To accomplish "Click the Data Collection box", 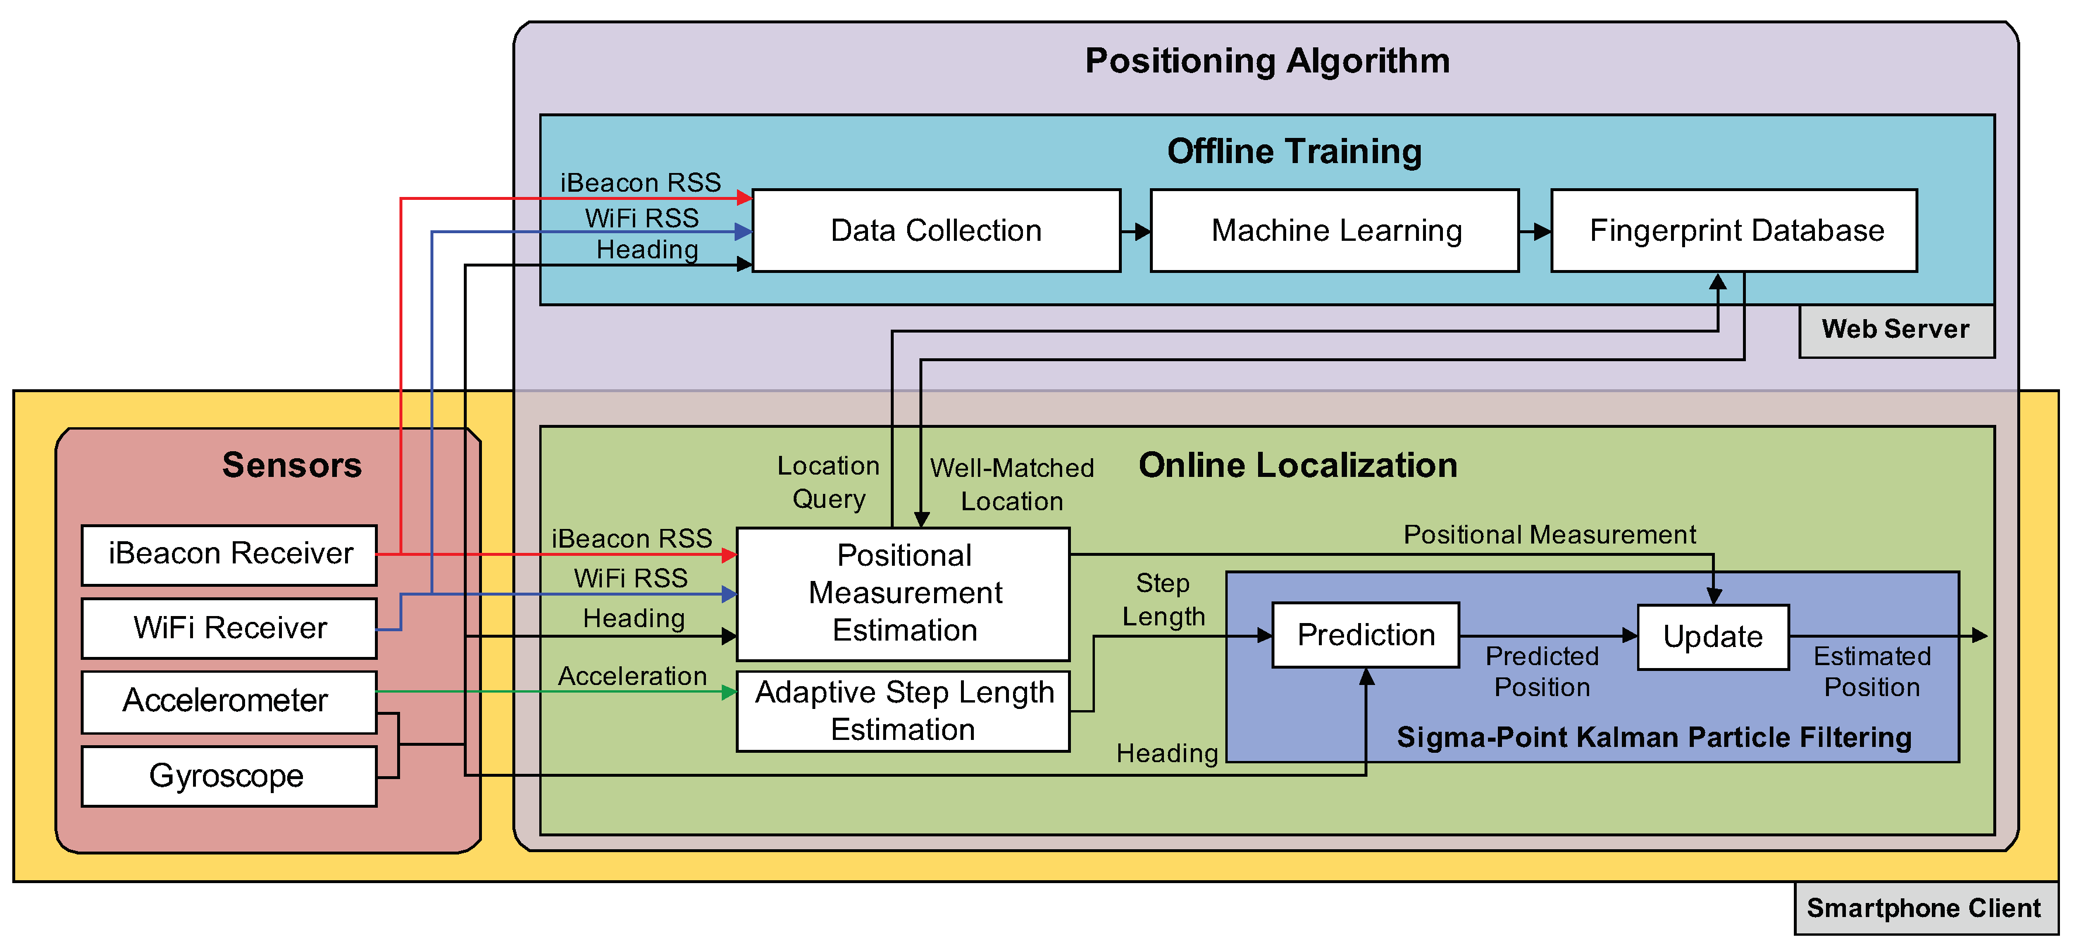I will pos(936,231).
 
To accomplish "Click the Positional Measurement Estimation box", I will pos(903,593).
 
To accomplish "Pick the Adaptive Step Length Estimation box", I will pos(903,711).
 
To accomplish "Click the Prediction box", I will pos(1366,635).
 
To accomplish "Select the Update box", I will pos(1713,636).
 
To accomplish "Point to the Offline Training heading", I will pos(1294,151).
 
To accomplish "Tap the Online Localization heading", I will pos(1297,465).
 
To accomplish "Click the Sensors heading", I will pos(291,465).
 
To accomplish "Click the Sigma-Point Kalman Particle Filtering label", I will pos(1653,737).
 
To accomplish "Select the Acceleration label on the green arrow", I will pos(632,676).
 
